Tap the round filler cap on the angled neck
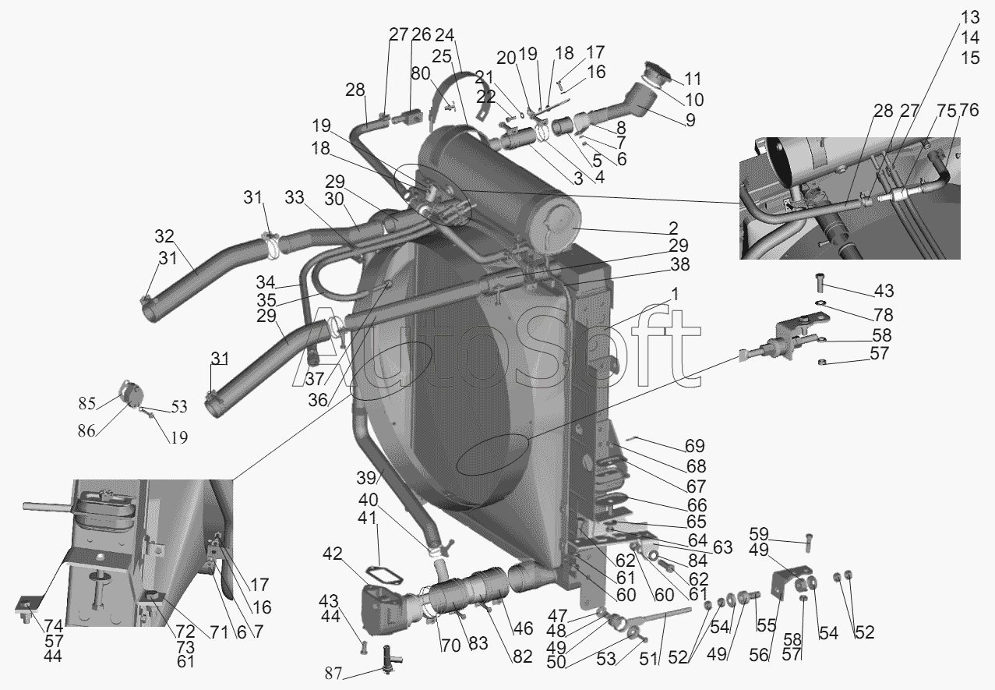[655, 73]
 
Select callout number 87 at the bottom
[333, 674]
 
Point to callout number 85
[87, 403]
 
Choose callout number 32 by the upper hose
[164, 236]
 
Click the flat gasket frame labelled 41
[384, 575]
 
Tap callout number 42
[333, 554]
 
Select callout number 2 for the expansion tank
[673, 228]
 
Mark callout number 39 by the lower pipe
[366, 478]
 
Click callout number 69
[695, 445]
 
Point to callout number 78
[884, 315]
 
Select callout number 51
[648, 659]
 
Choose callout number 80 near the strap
[420, 73]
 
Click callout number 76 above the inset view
[969, 110]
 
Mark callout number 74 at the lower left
[54, 626]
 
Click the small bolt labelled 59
[809, 542]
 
